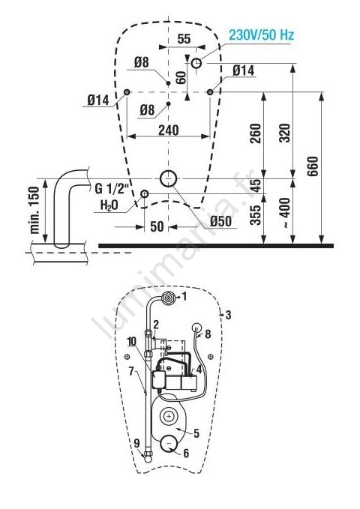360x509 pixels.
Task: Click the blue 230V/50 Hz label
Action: pos(261,34)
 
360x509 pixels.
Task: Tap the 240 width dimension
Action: pos(168,130)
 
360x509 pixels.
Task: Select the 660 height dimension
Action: pos(313,166)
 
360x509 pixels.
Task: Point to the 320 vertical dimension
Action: pos(284,133)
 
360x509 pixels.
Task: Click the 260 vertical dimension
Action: pos(256,133)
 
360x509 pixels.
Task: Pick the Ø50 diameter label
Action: pos(220,221)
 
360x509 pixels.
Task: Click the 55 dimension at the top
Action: pos(184,39)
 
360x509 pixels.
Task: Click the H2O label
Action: pos(109,205)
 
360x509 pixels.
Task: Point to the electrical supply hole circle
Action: pos(196,63)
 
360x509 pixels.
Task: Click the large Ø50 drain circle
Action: pos(168,178)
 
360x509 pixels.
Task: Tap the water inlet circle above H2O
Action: pos(144,194)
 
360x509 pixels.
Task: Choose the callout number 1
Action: pos(184,296)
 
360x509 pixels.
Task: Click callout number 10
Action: pos(131,341)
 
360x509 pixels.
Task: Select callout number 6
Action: pos(186,454)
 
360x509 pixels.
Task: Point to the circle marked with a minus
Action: pos(169,443)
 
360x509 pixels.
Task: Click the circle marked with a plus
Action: pos(168,416)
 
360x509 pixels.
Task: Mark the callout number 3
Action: pos(229,315)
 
